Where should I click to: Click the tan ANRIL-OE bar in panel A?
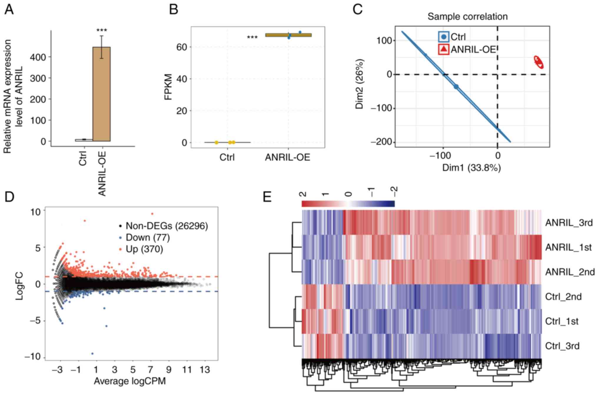click(102, 94)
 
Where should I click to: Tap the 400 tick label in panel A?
click(38, 57)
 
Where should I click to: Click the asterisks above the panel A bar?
click(102, 30)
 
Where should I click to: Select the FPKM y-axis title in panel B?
click(168, 87)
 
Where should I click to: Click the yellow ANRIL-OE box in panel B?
click(288, 35)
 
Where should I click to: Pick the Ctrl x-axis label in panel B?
click(227, 158)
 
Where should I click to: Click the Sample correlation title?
click(467, 16)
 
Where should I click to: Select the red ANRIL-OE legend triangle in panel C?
click(444, 49)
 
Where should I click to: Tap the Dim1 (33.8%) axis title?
click(471, 168)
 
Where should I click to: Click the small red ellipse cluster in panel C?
click(539, 62)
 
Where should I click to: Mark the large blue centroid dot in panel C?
click(456, 87)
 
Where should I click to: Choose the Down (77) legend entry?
click(147, 238)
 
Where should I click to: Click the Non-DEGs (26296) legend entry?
click(167, 226)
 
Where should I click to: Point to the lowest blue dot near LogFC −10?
click(92, 354)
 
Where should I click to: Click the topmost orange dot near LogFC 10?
click(152, 214)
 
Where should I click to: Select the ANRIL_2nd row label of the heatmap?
click(570, 272)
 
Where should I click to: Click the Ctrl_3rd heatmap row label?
click(562, 346)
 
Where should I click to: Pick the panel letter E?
click(267, 197)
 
